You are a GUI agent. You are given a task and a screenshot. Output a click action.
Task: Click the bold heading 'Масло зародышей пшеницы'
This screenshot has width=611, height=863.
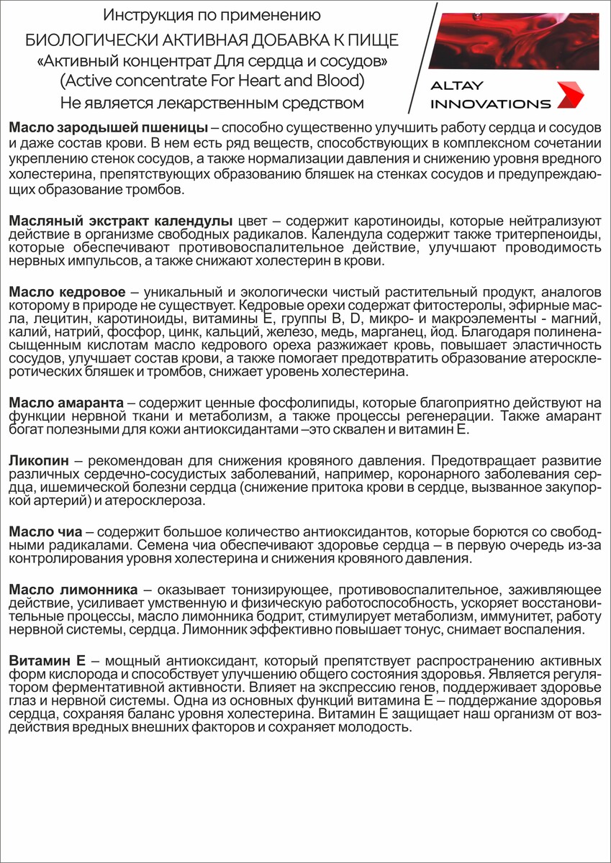pos(108,127)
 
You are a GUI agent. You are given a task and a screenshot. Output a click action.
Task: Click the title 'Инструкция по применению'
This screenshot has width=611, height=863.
pos(212,15)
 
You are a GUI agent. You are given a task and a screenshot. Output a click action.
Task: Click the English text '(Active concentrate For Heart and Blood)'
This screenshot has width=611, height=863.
pos(212,78)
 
